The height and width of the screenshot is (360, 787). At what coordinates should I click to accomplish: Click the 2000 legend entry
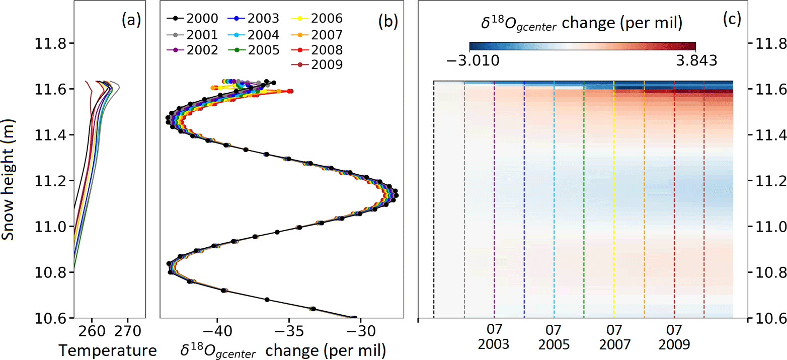(x=193, y=19)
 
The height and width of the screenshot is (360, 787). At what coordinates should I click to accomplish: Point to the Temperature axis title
(x=108, y=349)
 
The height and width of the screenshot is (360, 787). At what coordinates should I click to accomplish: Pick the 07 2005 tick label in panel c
(x=554, y=338)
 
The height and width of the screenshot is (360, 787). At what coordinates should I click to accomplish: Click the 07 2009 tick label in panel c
(x=674, y=338)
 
